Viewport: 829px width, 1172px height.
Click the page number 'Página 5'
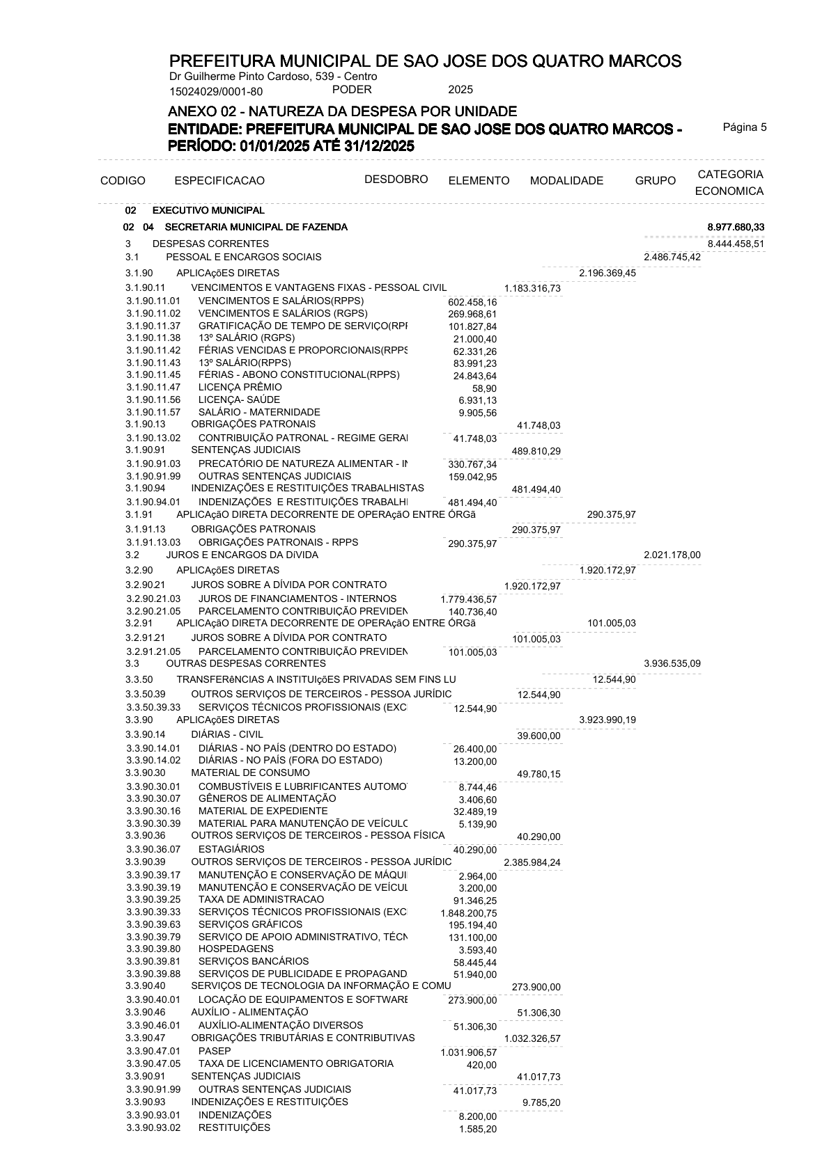(744, 127)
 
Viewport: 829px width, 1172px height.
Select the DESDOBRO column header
(396, 180)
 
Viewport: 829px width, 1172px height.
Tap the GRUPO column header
(655, 181)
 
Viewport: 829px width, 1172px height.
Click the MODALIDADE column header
(566, 181)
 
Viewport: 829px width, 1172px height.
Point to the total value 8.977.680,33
(736, 228)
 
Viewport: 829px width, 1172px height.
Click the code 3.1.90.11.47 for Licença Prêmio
(153, 387)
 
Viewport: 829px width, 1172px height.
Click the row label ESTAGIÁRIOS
(231, 849)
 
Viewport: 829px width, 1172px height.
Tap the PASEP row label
(215, 1051)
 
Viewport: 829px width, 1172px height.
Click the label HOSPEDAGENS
(236, 949)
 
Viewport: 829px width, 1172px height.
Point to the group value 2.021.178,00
(672, 555)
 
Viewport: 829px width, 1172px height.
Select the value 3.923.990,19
(607, 720)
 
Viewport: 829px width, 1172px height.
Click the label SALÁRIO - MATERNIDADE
(259, 412)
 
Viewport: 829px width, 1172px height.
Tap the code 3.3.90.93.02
(153, 1127)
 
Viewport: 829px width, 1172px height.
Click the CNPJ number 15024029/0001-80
(216, 91)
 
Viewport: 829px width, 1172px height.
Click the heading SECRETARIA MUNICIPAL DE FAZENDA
(256, 228)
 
